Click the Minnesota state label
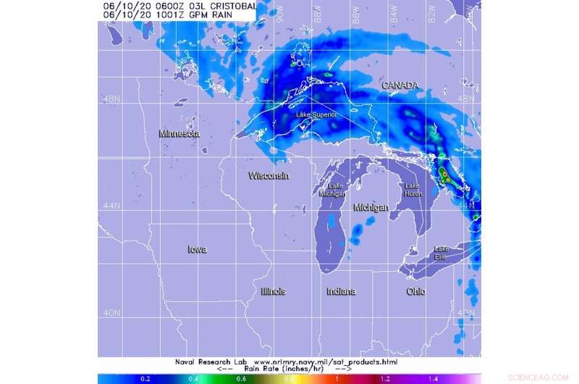pos(179,134)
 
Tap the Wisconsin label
pos(269,176)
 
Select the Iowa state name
pos(197,249)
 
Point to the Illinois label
pos(273,291)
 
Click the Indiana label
pos(341,291)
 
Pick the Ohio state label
pos(415,291)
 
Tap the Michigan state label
pos(371,207)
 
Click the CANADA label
pos(400,85)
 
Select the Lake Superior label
pos(316,114)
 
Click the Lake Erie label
pos(441,253)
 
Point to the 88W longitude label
pos(317,12)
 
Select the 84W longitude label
pos(394,12)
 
